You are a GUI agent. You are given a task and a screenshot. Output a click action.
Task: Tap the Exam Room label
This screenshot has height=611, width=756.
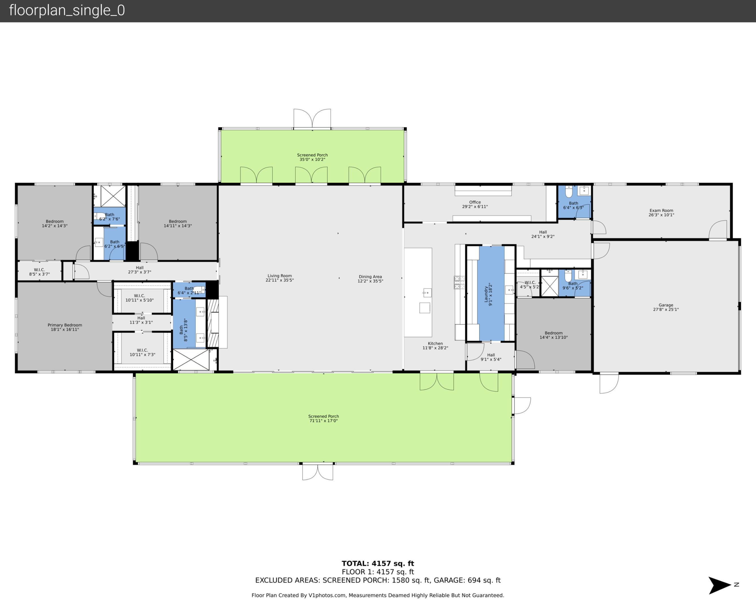pyautogui.click(x=661, y=210)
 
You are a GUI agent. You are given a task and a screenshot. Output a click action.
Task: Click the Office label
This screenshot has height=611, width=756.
pyautogui.click(x=475, y=202)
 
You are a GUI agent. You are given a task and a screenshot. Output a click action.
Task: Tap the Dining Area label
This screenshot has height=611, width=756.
pyautogui.click(x=370, y=277)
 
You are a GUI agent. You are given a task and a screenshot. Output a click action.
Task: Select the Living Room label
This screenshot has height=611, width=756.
pyautogui.click(x=280, y=276)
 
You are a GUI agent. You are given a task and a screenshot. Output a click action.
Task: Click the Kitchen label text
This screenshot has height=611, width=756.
pyautogui.click(x=435, y=343)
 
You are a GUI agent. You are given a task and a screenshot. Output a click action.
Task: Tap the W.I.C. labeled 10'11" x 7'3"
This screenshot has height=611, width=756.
pyautogui.click(x=142, y=352)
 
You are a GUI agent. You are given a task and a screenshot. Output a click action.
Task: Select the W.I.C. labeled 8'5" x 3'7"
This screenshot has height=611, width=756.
pyautogui.click(x=39, y=272)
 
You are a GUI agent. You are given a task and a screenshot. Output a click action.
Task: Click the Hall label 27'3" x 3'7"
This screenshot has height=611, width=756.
pyautogui.click(x=139, y=270)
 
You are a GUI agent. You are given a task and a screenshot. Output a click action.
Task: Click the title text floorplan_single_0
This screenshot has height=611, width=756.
pyautogui.click(x=67, y=10)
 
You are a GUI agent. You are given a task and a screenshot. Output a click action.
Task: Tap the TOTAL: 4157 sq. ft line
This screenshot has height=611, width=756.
pyautogui.click(x=378, y=563)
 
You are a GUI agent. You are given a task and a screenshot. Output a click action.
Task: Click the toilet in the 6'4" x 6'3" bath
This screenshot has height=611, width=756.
pyautogui.click(x=569, y=192)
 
